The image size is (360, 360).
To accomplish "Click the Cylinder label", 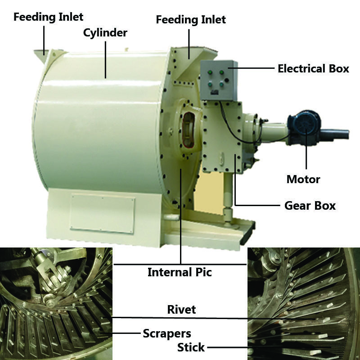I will (105, 33).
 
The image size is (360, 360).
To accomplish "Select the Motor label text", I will (303, 180).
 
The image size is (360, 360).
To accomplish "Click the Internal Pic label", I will (180, 272).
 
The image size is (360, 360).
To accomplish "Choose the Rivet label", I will (181, 310).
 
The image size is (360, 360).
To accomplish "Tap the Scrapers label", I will (167, 333).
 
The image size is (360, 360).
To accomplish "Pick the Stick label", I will (191, 347).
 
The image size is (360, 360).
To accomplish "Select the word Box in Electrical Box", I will (338, 69).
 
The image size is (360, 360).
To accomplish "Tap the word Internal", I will (169, 272).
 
